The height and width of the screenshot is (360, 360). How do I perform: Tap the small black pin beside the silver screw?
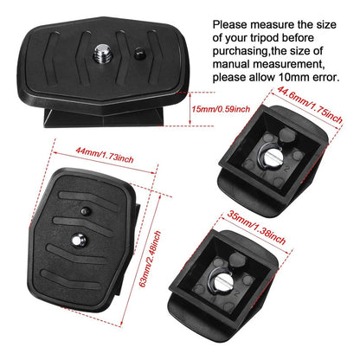coord(139,54)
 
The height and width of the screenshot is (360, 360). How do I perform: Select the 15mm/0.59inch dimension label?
coord(221,109)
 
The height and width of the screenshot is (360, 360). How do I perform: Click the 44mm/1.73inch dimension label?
coord(105,155)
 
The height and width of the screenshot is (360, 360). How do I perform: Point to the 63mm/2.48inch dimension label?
coord(150,259)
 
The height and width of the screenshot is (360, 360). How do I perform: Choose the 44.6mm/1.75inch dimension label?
coord(310,105)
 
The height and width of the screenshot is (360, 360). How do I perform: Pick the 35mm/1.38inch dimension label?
coord(256,228)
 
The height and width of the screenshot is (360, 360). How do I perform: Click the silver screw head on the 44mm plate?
coord(79,240)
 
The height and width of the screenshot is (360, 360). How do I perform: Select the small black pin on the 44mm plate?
coord(85,211)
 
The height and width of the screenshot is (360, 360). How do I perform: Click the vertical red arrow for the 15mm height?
coord(190,109)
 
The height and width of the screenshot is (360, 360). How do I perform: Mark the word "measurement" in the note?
coord(289,64)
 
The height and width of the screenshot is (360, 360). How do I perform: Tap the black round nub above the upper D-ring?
coord(287,134)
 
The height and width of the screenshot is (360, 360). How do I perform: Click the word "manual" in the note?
coord(231,64)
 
